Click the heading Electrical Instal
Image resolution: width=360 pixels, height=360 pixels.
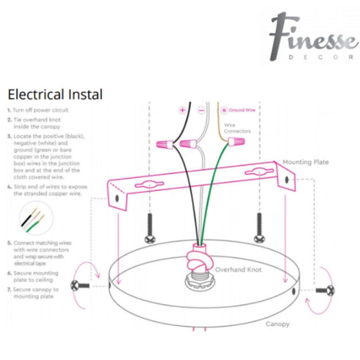pos(55,94)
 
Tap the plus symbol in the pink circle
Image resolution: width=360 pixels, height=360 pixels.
pos(182,110)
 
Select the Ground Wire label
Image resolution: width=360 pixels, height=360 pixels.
pos(242,110)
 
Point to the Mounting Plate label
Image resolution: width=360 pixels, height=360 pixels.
pos(306,162)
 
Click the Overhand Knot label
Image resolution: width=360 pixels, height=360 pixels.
pos(238,270)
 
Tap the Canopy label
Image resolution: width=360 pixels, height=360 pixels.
pos(277,324)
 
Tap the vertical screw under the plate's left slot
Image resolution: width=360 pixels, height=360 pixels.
pos(150,228)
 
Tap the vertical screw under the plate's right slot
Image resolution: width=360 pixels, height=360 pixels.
pos(259,228)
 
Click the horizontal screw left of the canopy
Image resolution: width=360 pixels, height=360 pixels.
pos(81,285)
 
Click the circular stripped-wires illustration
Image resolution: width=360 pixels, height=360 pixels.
pos(35,219)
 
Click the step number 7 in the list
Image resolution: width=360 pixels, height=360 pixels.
pos(9,290)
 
